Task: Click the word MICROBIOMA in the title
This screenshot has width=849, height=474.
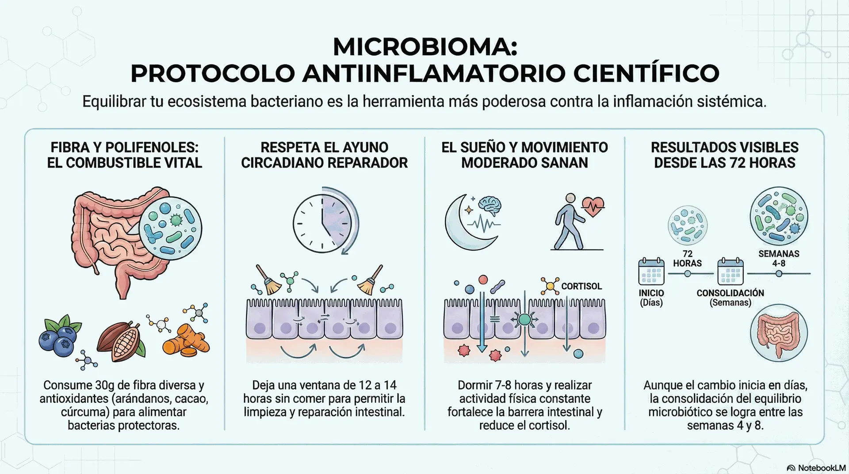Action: pos(424,47)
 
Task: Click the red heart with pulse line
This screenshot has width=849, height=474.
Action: pos(593,206)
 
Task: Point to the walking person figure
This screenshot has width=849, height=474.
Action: pos(568,222)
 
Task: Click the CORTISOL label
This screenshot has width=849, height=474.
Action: pos(581,287)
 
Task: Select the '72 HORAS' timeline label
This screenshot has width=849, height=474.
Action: pos(687,259)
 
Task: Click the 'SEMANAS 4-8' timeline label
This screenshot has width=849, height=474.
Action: pos(779,259)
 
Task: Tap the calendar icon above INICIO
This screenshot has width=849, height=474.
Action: pos(651,271)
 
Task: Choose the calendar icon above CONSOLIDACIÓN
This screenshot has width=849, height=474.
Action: pos(730,271)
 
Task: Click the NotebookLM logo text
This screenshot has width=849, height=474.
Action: pos(822,468)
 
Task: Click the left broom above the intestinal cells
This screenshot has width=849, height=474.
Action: pos(267,280)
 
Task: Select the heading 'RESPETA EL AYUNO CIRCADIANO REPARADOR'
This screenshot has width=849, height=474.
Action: pos(324,155)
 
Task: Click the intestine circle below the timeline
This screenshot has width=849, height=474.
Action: pos(779,333)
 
